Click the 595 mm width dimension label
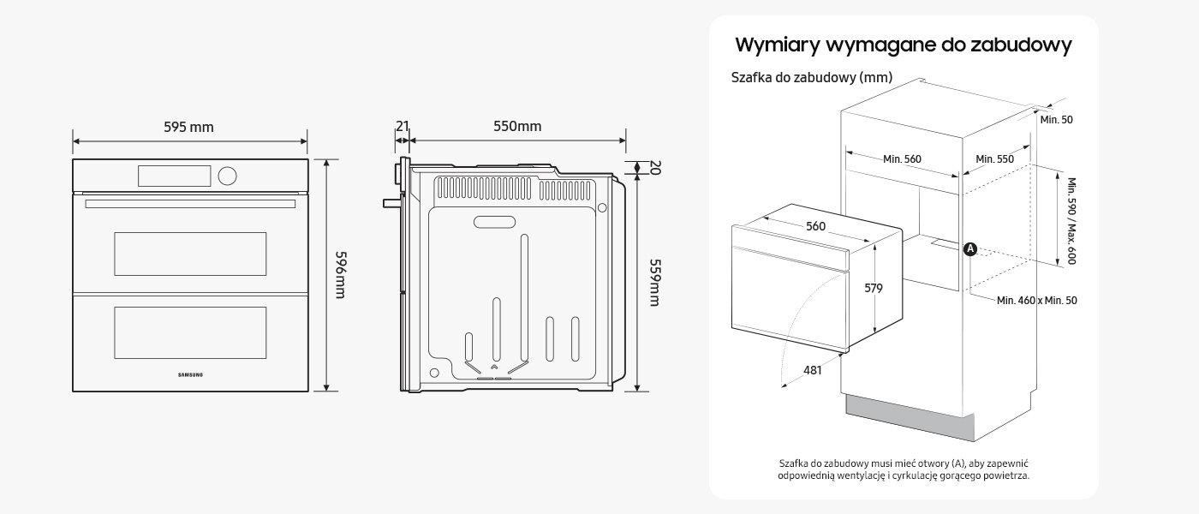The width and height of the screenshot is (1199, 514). (x=188, y=128)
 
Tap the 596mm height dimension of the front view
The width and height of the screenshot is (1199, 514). (x=340, y=275)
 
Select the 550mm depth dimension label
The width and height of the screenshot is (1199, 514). (x=517, y=127)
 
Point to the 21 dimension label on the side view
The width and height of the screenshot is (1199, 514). (x=402, y=127)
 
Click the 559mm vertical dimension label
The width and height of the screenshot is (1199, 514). (x=654, y=282)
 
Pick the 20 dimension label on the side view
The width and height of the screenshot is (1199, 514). (x=655, y=168)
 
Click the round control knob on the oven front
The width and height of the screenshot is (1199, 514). (x=228, y=176)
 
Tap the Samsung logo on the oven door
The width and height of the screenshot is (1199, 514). (x=190, y=374)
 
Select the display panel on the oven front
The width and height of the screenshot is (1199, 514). (x=173, y=176)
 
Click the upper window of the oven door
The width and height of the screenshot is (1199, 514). (x=190, y=253)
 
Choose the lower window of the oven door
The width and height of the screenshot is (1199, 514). (x=190, y=332)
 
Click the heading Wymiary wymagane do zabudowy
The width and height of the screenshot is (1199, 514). (x=904, y=45)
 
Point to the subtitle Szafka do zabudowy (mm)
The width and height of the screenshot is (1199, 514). (x=812, y=78)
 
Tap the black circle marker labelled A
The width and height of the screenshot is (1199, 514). (x=969, y=248)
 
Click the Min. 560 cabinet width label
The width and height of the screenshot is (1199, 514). (x=901, y=158)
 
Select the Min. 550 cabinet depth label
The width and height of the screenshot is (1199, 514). (x=994, y=158)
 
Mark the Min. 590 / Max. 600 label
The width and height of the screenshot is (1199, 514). (x=1071, y=220)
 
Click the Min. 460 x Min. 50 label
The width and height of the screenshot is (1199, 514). (x=1037, y=301)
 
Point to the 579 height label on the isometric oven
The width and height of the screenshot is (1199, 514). (x=873, y=289)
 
